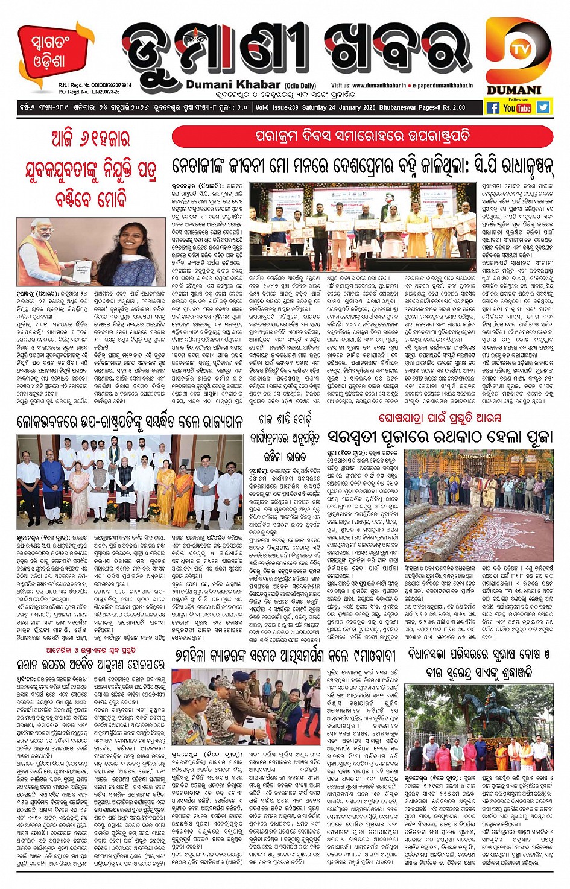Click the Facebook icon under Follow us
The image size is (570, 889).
(x=493, y=107)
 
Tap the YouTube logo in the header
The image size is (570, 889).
(x=517, y=107)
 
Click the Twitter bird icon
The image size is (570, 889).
(x=543, y=107)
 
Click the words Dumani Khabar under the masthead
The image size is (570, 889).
(x=233, y=85)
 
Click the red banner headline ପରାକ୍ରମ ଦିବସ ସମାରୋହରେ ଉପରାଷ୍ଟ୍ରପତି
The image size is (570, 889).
(x=362, y=136)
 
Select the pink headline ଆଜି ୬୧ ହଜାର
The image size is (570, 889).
(x=90, y=140)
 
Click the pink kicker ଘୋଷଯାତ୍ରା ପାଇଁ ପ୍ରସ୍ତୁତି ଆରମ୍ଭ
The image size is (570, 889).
(x=440, y=417)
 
